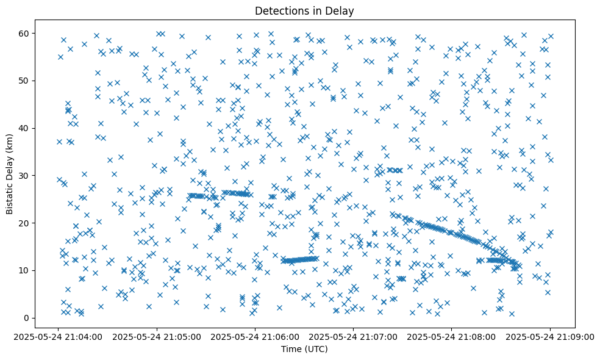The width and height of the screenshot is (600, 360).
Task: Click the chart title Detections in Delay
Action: (x=304, y=10)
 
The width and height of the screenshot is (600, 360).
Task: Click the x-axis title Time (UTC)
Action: (x=304, y=349)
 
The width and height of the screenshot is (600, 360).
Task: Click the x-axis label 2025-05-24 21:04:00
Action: (x=59, y=337)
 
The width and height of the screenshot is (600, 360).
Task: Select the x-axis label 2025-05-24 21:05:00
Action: (x=157, y=337)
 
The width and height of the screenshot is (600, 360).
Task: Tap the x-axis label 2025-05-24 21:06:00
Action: (x=255, y=337)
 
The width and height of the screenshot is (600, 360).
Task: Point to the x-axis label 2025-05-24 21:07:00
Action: (x=354, y=337)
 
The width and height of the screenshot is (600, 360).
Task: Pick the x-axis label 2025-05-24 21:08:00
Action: (x=452, y=337)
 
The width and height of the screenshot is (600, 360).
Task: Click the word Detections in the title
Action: (x=280, y=10)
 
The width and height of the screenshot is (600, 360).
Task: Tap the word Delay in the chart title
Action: (x=341, y=10)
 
